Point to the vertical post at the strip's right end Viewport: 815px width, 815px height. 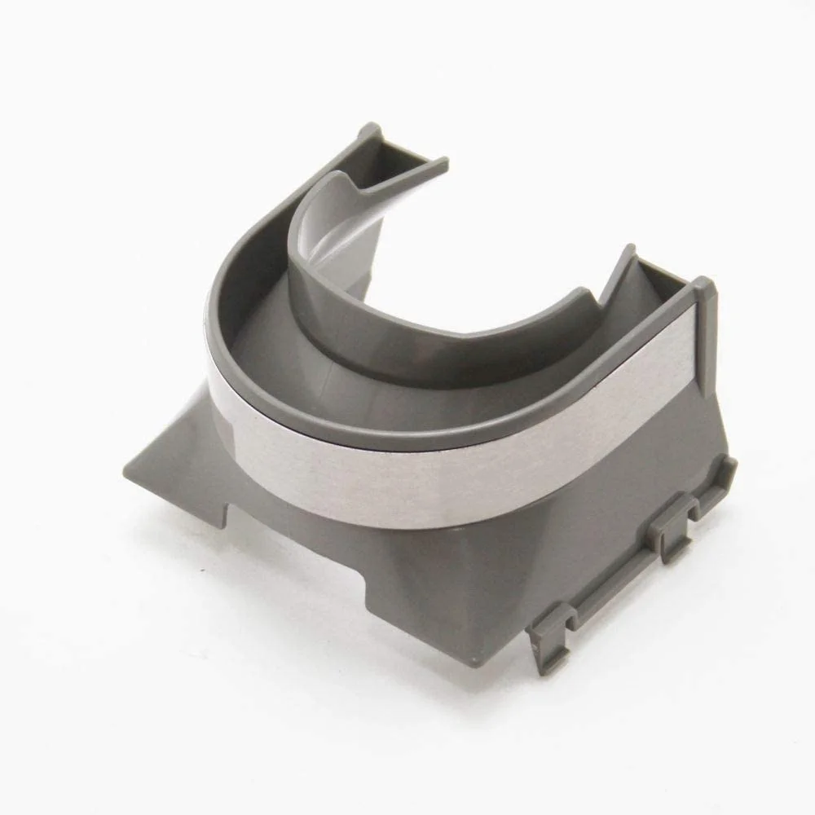703,342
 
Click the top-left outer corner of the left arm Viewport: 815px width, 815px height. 368,129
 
